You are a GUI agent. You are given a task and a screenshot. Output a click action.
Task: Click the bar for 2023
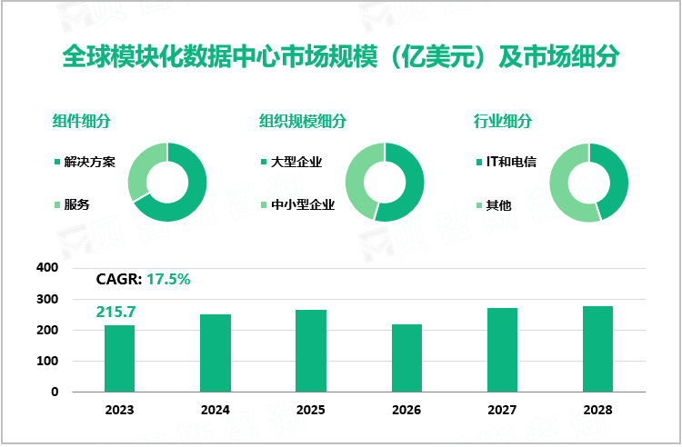(119, 358)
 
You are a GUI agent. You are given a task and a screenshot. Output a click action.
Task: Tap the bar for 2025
(311, 351)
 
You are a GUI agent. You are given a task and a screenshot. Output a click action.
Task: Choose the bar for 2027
(502, 350)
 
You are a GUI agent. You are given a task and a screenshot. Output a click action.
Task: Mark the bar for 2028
(597, 349)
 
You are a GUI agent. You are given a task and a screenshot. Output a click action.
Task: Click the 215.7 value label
(118, 312)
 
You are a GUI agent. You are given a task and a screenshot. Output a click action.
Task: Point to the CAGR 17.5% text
(143, 280)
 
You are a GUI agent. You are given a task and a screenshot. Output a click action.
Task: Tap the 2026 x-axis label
(406, 410)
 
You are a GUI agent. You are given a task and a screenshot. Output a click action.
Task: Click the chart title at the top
(340, 56)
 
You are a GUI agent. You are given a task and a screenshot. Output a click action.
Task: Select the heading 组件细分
(82, 121)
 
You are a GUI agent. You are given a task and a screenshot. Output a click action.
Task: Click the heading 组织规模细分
(303, 121)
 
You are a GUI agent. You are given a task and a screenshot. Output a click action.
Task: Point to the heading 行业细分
(503, 121)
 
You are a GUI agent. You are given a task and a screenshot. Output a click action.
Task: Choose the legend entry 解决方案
(89, 163)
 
